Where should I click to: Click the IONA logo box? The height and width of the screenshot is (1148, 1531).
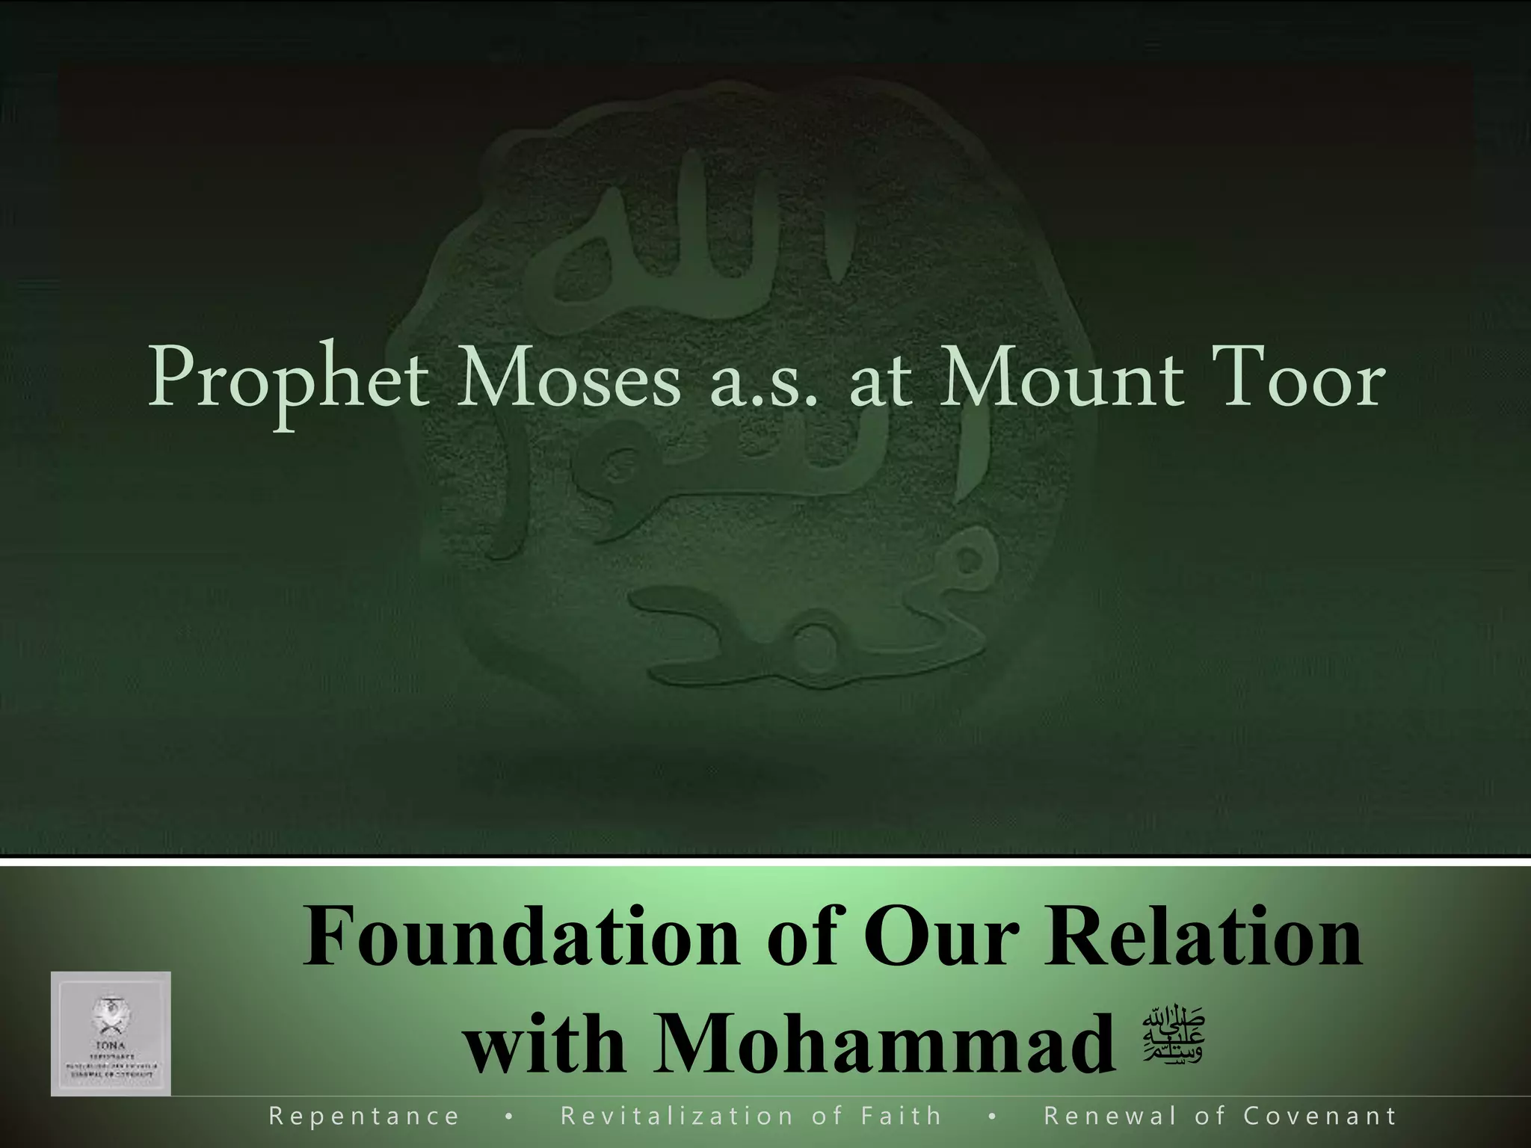[111, 1033]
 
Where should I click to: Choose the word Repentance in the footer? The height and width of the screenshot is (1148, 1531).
[364, 1117]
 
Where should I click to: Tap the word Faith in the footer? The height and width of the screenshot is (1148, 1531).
[901, 1117]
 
